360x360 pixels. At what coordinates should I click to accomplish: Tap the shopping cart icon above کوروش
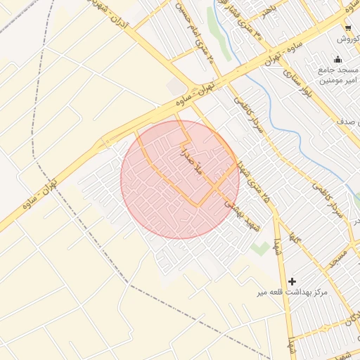click(x=348, y=28)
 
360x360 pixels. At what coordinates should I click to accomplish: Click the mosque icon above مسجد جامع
click(x=338, y=59)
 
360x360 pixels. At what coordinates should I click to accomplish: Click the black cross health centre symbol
click(x=292, y=281)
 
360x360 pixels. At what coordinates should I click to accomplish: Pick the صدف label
click(x=348, y=122)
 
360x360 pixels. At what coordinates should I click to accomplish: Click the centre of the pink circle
click(x=180, y=179)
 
